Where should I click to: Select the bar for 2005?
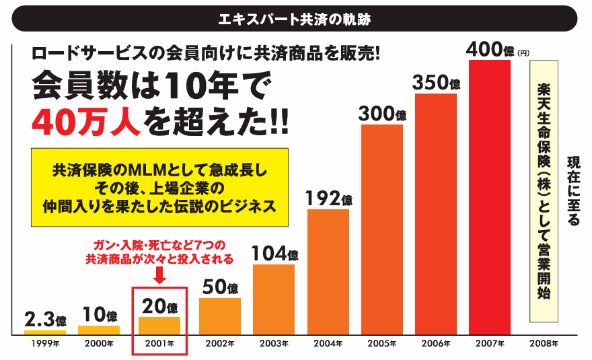(x=381, y=229)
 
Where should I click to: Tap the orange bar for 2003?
(x=274, y=299)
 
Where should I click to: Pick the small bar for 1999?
(x=45, y=332)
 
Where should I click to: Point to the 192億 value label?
(x=328, y=199)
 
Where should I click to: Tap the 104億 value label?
(x=274, y=254)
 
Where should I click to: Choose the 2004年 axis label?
(x=328, y=344)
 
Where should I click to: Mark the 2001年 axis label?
(x=159, y=344)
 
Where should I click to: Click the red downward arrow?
(x=159, y=274)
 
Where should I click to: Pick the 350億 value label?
(x=436, y=83)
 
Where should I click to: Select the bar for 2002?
(x=220, y=316)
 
